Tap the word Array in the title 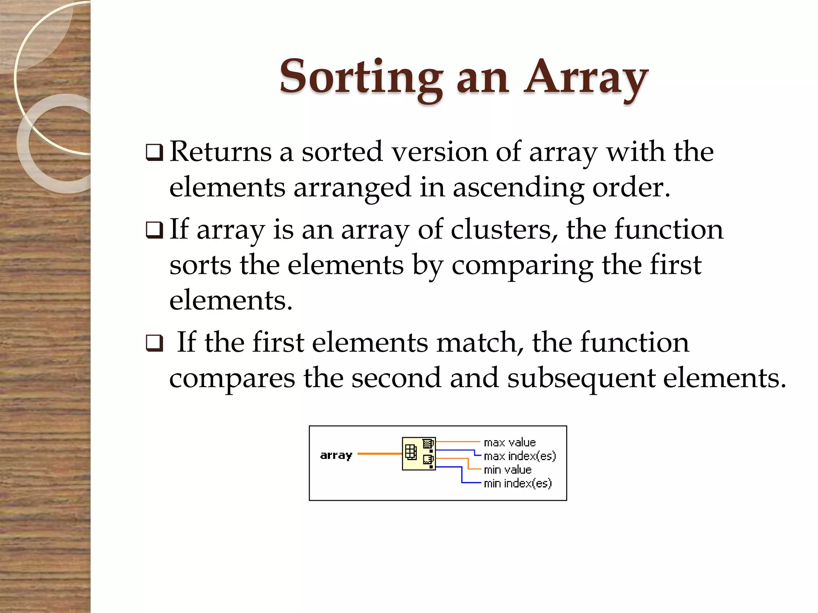tap(586, 78)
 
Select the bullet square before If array tap(154, 230)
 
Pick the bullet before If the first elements tap(154, 343)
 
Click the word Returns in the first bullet tap(220, 152)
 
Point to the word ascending tap(518, 188)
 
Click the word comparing tap(522, 266)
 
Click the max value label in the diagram tap(510, 442)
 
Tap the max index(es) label tap(520, 456)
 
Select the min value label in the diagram tap(508, 470)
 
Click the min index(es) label tap(518, 483)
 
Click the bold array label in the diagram tap(336, 455)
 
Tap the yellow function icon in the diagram tap(419, 454)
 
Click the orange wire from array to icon tap(379, 454)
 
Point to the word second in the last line tap(396, 378)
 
